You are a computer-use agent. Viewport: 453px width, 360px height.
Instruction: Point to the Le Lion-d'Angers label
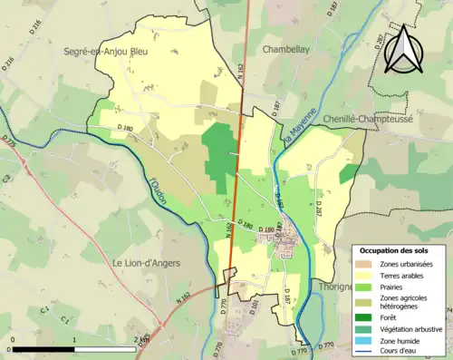coord(148,263)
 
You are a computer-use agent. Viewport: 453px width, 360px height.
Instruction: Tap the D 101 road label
coord(254,306)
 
